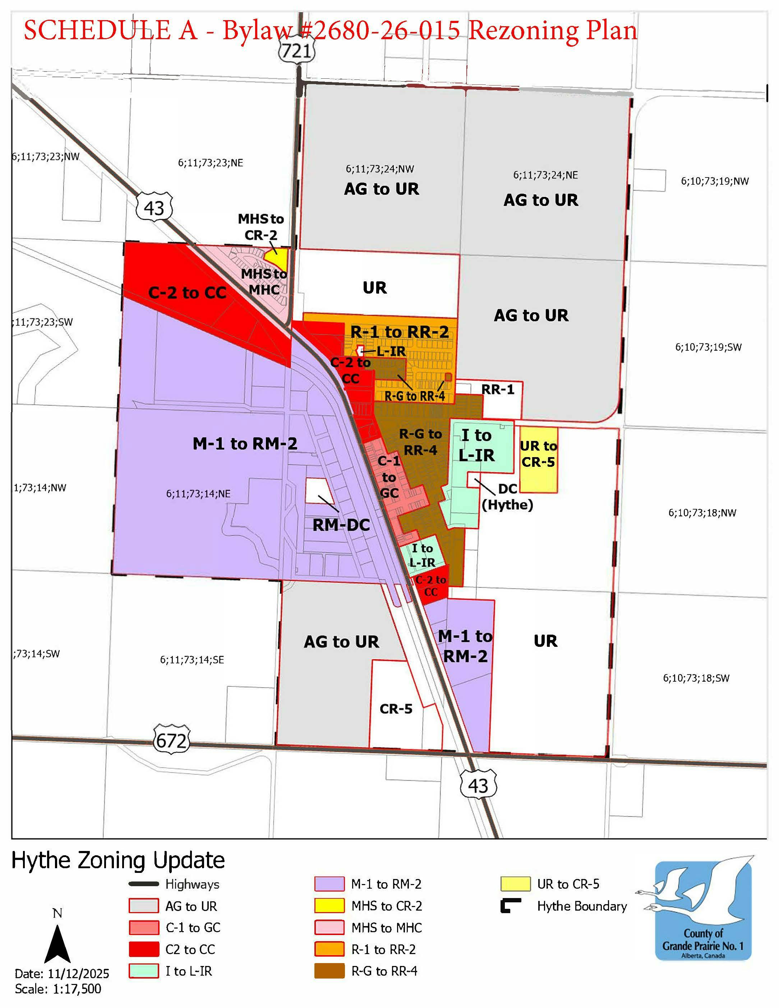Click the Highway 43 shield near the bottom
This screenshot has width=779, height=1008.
[478, 785]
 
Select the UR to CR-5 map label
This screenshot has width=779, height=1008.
[538, 454]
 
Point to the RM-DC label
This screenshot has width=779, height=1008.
[341, 525]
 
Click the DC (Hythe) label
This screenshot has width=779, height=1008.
[507, 497]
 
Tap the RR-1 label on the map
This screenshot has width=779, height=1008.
[498, 390]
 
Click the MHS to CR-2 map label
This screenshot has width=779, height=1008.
[261, 227]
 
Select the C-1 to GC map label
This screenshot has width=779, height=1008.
[389, 477]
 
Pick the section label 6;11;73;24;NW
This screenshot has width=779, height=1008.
[380, 169]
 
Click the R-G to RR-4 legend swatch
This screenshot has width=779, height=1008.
[329, 971]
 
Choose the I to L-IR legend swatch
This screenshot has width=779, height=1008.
[143, 971]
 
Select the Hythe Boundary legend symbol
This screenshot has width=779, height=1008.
[511, 906]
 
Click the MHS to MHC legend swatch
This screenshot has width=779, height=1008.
[329, 927]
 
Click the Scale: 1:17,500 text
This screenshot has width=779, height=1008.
[58, 989]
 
